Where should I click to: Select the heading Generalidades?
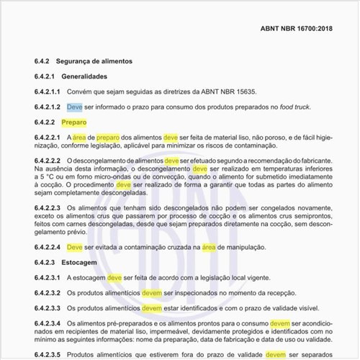(x=94, y=76)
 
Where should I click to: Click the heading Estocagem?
(x=78, y=262)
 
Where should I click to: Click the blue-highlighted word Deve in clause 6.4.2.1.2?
(x=75, y=107)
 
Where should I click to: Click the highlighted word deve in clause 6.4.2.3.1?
(x=114, y=277)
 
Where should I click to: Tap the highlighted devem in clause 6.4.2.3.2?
(x=152, y=293)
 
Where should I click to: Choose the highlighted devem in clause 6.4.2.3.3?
(x=152, y=308)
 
